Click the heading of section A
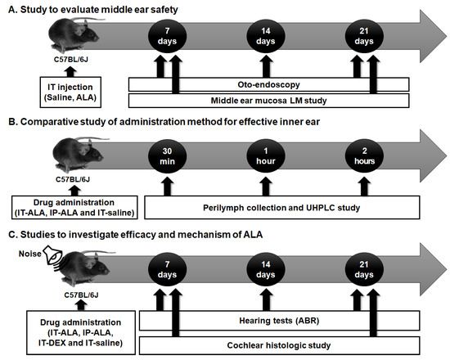coord(101,8)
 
